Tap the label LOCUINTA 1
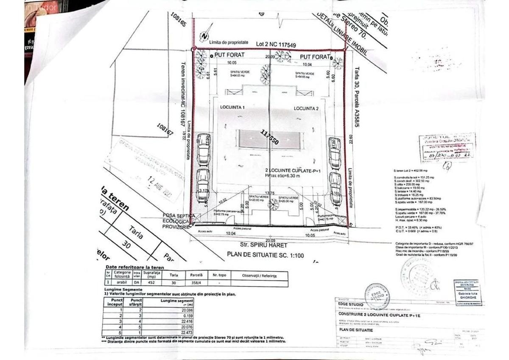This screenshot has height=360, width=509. tap(233, 108)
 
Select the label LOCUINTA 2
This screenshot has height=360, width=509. tap(306, 108)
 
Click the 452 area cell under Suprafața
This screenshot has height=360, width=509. tap(151, 282)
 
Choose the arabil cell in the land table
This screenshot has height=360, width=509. tap(122, 282)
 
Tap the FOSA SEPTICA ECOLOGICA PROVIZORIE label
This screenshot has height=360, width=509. tap(176, 221)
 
